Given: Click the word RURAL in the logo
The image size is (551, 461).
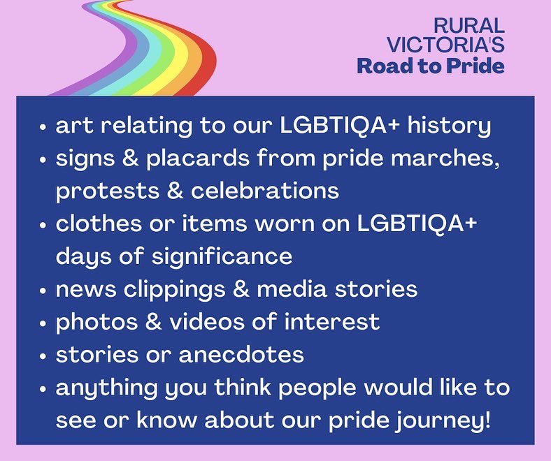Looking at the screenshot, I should [x=468, y=26].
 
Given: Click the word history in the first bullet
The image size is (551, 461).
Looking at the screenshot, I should [x=448, y=126].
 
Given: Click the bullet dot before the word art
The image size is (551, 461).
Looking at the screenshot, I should [x=43, y=129].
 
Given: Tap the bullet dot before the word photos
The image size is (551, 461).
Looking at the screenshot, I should [x=43, y=323].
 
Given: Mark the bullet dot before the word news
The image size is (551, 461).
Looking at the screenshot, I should [x=43, y=290].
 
